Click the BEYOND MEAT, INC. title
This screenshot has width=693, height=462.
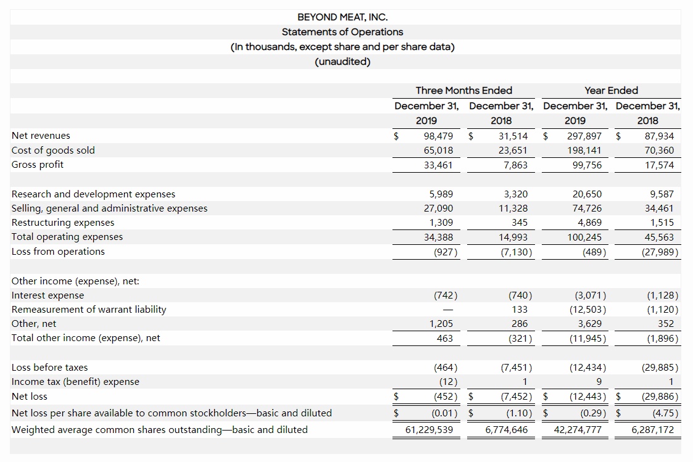342,17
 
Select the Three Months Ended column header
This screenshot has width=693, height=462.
463,91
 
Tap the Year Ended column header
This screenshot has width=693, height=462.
611,91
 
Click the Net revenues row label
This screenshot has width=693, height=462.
41,136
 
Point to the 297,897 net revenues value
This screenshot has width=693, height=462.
584,136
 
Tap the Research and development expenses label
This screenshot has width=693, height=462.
93,194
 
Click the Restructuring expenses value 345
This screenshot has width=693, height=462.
520,223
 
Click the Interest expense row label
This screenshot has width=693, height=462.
48,295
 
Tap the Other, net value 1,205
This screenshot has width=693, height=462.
441,324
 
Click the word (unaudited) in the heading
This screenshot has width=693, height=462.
342,62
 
